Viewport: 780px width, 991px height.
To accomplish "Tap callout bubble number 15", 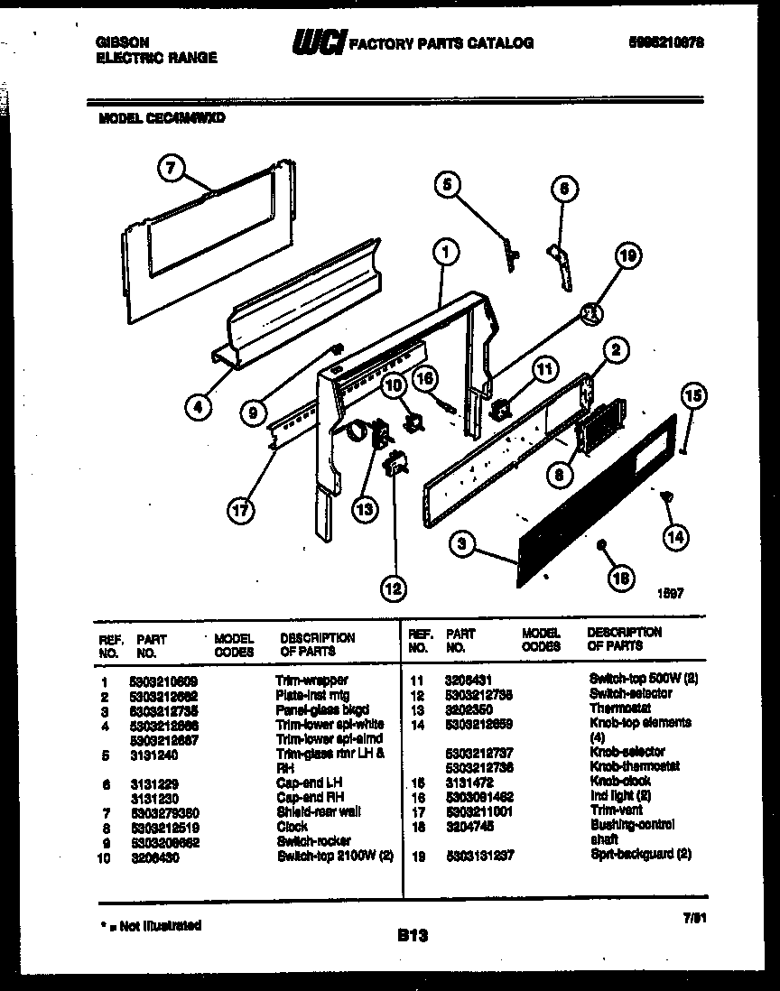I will coord(693,395).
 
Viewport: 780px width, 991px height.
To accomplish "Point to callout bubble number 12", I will coord(393,589).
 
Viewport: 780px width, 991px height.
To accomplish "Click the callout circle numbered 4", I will coord(198,407).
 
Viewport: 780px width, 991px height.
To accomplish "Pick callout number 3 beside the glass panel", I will coord(462,543).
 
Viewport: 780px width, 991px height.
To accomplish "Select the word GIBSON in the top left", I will coord(123,42).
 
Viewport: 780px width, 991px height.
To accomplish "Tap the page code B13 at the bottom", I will coord(412,937).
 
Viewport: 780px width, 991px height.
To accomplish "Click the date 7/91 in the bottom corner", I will coord(693,918).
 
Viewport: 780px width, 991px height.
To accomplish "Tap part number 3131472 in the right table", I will coord(469,781).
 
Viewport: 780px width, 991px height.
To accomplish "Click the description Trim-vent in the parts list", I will coord(616,810).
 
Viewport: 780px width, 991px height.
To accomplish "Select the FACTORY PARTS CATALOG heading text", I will coord(441,42).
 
